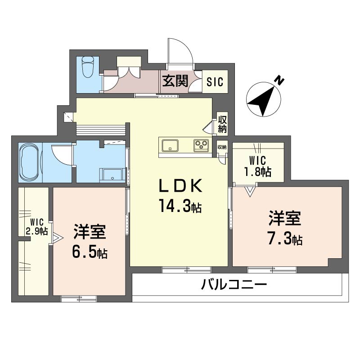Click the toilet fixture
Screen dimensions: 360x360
coord(88,67)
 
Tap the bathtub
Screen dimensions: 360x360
coord(29,162)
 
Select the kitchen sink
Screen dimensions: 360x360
coord(170,145)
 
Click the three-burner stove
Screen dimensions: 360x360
coord(201,145)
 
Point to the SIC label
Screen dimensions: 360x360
coord(215,82)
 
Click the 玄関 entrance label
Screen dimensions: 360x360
coord(175,81)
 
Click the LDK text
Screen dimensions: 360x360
coord(181,185)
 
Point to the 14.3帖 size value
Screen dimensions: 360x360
coord(180,206)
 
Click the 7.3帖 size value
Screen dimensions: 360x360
coord(285,239)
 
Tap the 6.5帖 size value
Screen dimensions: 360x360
coord(90,252)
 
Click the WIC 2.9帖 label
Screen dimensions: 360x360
coord(37,227)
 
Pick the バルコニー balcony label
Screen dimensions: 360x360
coord(234,285)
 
